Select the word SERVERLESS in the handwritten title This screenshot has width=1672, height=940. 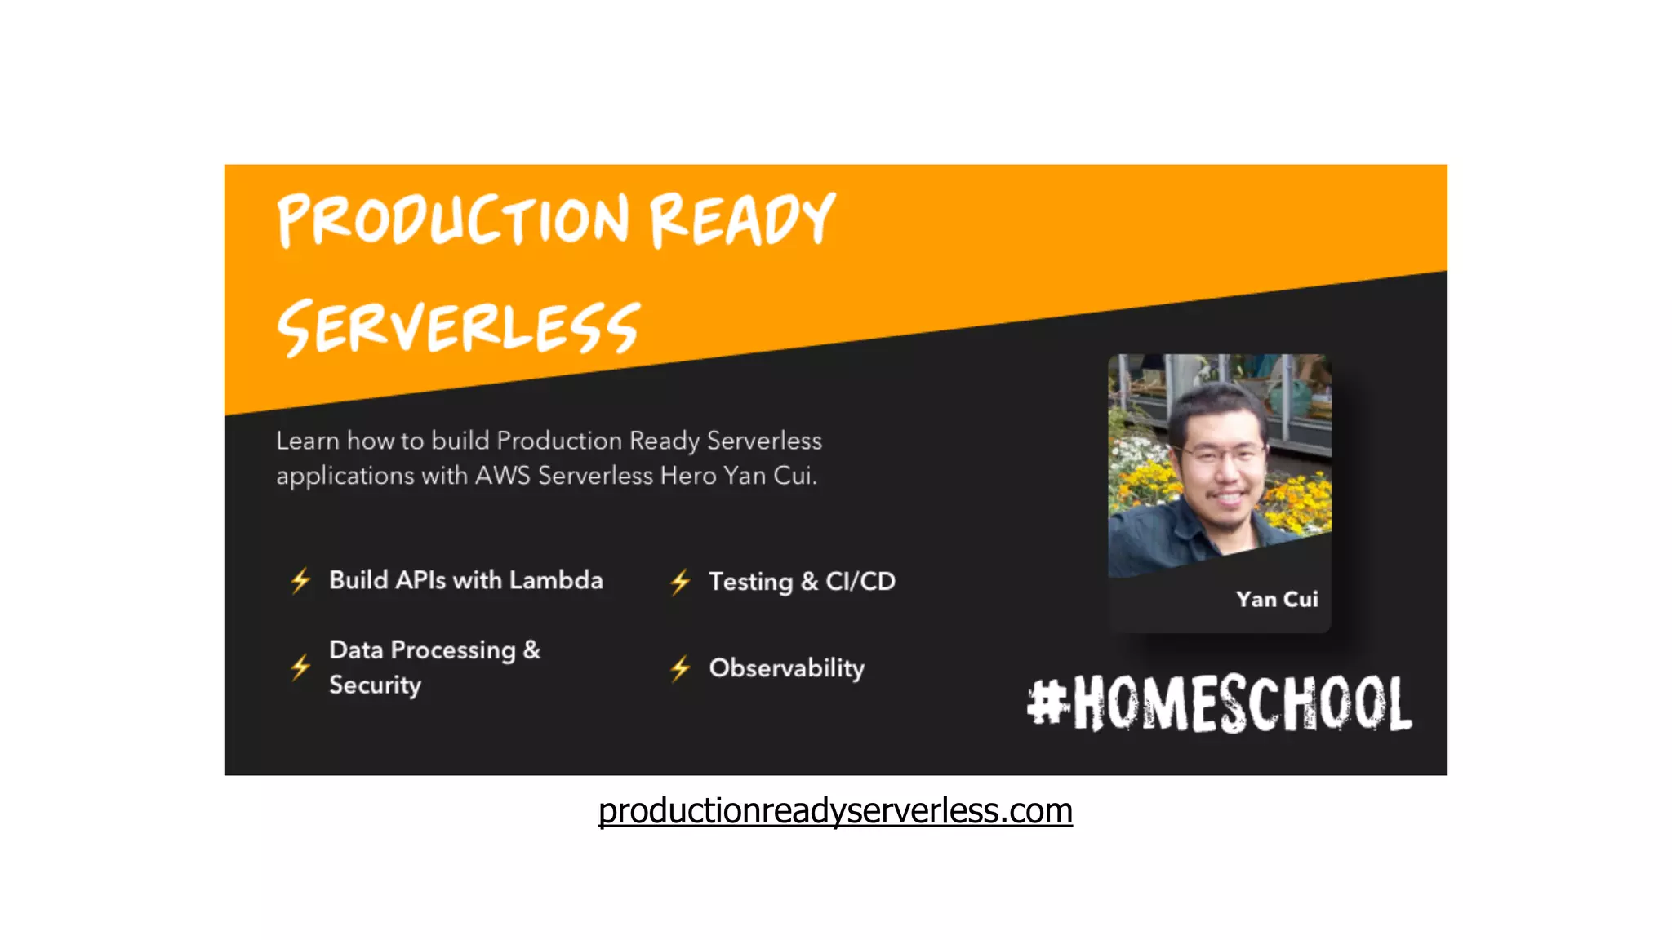pos(459,327)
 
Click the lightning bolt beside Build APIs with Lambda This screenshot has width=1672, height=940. pos(300,580)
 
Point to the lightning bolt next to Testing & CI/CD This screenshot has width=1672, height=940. pos(680,582)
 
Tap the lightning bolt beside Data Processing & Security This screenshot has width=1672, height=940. pos(300,667)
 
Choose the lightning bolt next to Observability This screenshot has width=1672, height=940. pos(680,668)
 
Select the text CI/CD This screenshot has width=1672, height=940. pos(860,581)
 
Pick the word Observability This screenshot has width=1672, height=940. pos(786,668)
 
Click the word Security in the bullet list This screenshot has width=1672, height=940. pos(375,685)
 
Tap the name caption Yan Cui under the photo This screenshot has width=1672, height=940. pos(1276,599)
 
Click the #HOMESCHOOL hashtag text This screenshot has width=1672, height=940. pos(1220,703)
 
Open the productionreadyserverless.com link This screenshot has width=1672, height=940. pos(834,810)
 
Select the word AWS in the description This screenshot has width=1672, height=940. pos(502,475)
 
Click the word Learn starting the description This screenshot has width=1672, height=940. pos(307,441)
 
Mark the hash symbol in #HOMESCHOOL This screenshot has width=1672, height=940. pos(1047,702)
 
